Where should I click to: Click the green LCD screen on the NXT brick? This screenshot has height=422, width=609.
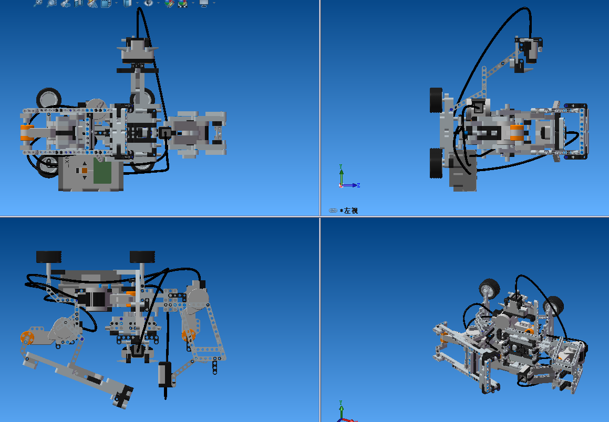coord(102,173)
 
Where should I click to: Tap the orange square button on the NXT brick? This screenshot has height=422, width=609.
coord(84,170)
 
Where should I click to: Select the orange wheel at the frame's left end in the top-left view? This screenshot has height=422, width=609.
coord(26,133)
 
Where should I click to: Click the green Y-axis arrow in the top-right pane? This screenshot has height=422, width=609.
coord(341,174)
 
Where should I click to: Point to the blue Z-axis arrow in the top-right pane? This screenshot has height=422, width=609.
coord(350,185)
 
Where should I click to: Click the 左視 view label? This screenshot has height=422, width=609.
coord(350,210)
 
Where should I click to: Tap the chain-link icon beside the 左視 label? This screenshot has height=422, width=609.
coord(333,210)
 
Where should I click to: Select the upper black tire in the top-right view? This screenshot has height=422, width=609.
coord(436,100)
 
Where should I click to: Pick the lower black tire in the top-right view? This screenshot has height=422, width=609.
coord(436,163)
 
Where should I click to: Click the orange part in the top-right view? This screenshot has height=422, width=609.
coord(517,132)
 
